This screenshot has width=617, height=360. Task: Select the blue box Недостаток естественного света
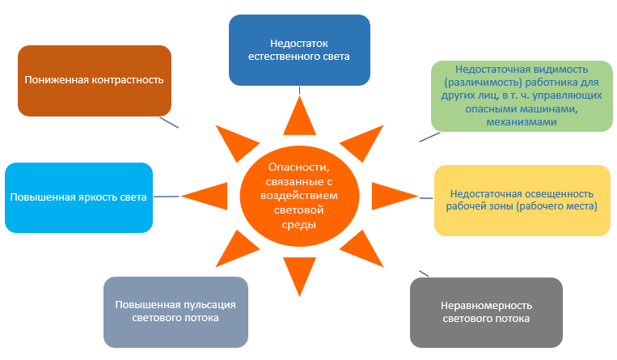click(299, 49)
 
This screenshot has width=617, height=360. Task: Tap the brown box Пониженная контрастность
click(95, 80)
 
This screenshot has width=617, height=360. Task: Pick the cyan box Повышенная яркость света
click(78, 197)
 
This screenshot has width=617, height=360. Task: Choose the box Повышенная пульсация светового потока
click(175, 311)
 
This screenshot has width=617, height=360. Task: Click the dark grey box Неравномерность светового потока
click(485, 312)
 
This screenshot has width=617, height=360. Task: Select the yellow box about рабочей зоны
click(522, 200)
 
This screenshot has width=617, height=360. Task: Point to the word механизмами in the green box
click(522, 122)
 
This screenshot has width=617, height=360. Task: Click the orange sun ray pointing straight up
click(299, 116)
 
